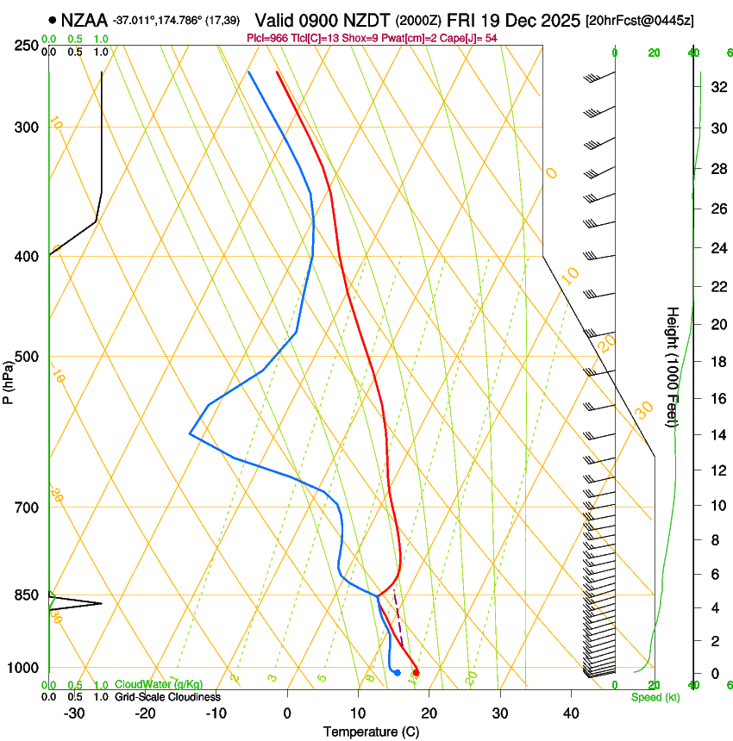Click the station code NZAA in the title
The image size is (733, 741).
[x=85, y=19]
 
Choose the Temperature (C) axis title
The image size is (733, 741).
[x=371, y=732]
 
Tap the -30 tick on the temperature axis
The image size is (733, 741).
[x=74, y=713]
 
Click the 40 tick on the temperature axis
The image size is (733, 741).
[x=571, y=713]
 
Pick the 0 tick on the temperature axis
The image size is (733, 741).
[x=287, y=713]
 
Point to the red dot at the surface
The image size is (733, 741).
[x=417, y=672]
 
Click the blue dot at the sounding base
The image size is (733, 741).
[x=397, y=672]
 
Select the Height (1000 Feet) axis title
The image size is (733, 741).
[x=673, y=366]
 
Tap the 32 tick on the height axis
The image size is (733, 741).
[x=716, y=87]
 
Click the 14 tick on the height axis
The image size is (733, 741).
[x=716, y=435]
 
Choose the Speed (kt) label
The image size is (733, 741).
[x=655, y=697]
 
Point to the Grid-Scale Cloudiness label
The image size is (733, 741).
[x=167, y=697]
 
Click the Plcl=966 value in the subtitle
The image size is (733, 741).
[x=268, y=39]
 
